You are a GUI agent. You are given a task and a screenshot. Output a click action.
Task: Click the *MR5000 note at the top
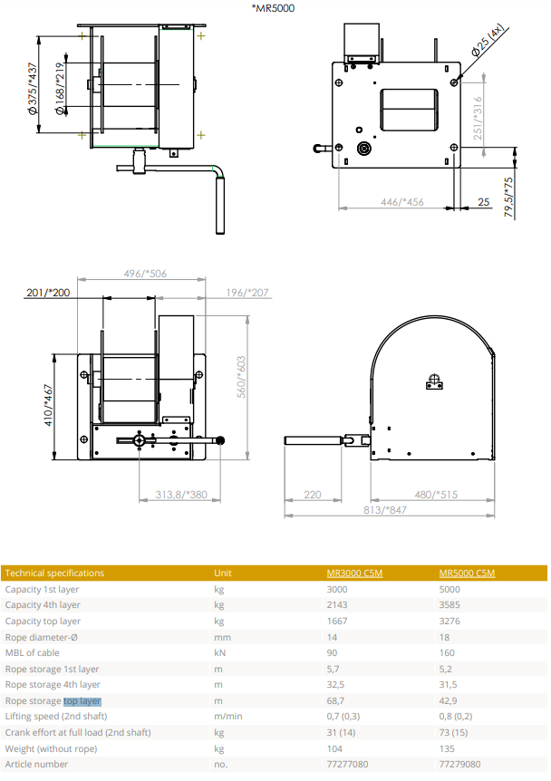pos(273,8)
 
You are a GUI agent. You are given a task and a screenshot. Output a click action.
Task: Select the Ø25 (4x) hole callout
pos(488,39)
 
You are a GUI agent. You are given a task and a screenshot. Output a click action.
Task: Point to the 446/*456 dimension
pos(402,202)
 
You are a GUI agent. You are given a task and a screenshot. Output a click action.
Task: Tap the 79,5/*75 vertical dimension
pos(508,198)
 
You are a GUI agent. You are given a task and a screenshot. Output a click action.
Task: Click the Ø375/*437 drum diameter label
pos(33,89)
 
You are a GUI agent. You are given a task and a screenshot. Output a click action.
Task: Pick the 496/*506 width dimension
pos(145,274)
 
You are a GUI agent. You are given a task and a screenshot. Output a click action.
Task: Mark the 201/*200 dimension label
pos(48,293)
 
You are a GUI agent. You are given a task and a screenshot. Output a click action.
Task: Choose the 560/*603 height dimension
pos(241,377)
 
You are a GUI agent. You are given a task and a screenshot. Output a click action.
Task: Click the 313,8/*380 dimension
pos(181,495)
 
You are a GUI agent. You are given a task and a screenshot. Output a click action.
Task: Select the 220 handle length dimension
pos(313,495)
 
